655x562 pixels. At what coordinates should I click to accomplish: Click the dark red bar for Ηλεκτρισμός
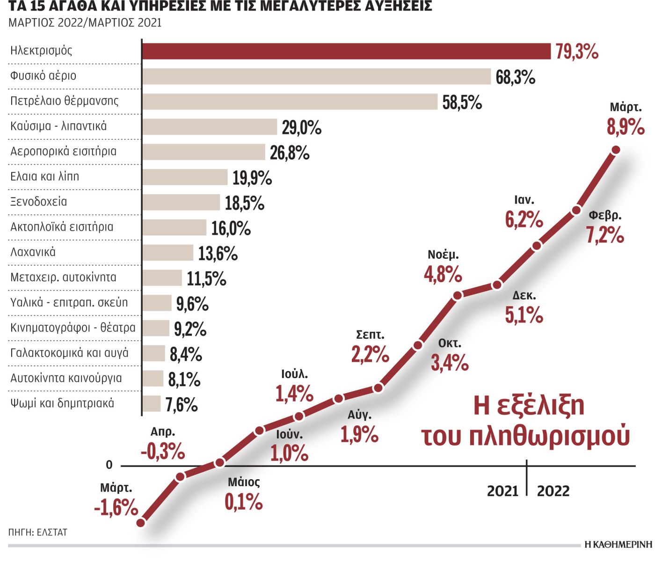pyautogui.click(x=346, y=51)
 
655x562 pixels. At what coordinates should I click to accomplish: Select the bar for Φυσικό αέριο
pyautogui.click(x=316, y=76)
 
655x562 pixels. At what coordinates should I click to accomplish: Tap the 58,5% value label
pyautogui.click(x=462, y=102)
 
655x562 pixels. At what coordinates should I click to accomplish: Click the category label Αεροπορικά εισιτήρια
pyautogui.click(x=63, y=151)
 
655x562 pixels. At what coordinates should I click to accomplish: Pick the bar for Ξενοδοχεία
pyautogui.click(x=181, y=202)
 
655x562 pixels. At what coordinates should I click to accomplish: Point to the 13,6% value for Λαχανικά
pyautogui.click(x=218, y=253)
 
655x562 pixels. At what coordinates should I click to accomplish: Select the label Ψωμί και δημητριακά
pyautogui.click(x=62, y=403)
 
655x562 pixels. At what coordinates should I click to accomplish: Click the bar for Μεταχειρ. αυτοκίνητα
pyautogui.click(x=162, y=278)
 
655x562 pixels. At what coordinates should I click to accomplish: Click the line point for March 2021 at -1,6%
pyautogui.click(x=142, y=522)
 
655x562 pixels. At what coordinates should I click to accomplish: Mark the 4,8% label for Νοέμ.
pyautogui.click(x=443, y=274)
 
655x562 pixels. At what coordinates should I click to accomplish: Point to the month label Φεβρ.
pyautogui.click(x=605, y=215)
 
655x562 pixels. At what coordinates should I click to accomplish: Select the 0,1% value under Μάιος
pyautogui.click(x=243, y=502)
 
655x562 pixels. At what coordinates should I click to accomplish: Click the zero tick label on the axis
pyautogui.click(x=109, y=465)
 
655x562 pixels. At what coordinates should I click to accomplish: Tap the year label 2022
pyautogui.click(x=553, y=491)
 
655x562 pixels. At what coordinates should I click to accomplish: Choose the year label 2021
pyautogui.click(x=503, y=491)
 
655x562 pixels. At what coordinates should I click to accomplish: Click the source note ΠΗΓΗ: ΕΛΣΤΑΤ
pyautogui.click(x=38, y=532)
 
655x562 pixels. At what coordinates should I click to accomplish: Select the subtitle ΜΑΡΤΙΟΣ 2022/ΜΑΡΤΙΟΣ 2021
pyautogui.click(x=85, y=22)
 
